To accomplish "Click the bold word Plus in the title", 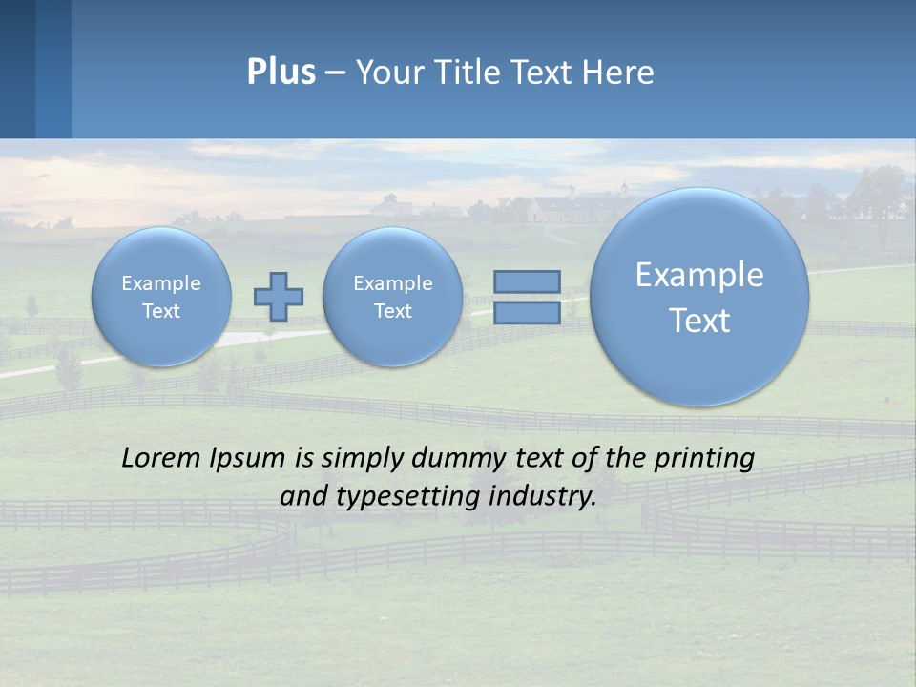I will coord(281,73).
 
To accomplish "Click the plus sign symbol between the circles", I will coord(278,297).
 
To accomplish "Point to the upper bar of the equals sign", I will coord(527,281).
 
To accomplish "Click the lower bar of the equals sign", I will coord(527,313).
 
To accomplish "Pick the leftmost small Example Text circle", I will coord(161,297).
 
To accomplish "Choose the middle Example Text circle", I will coord(392,297).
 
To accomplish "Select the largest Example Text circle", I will coord(699,297).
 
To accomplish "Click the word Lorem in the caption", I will coord(162,458).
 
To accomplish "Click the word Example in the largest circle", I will coord(699,275).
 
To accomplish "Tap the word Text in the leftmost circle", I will coord(161,311).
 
